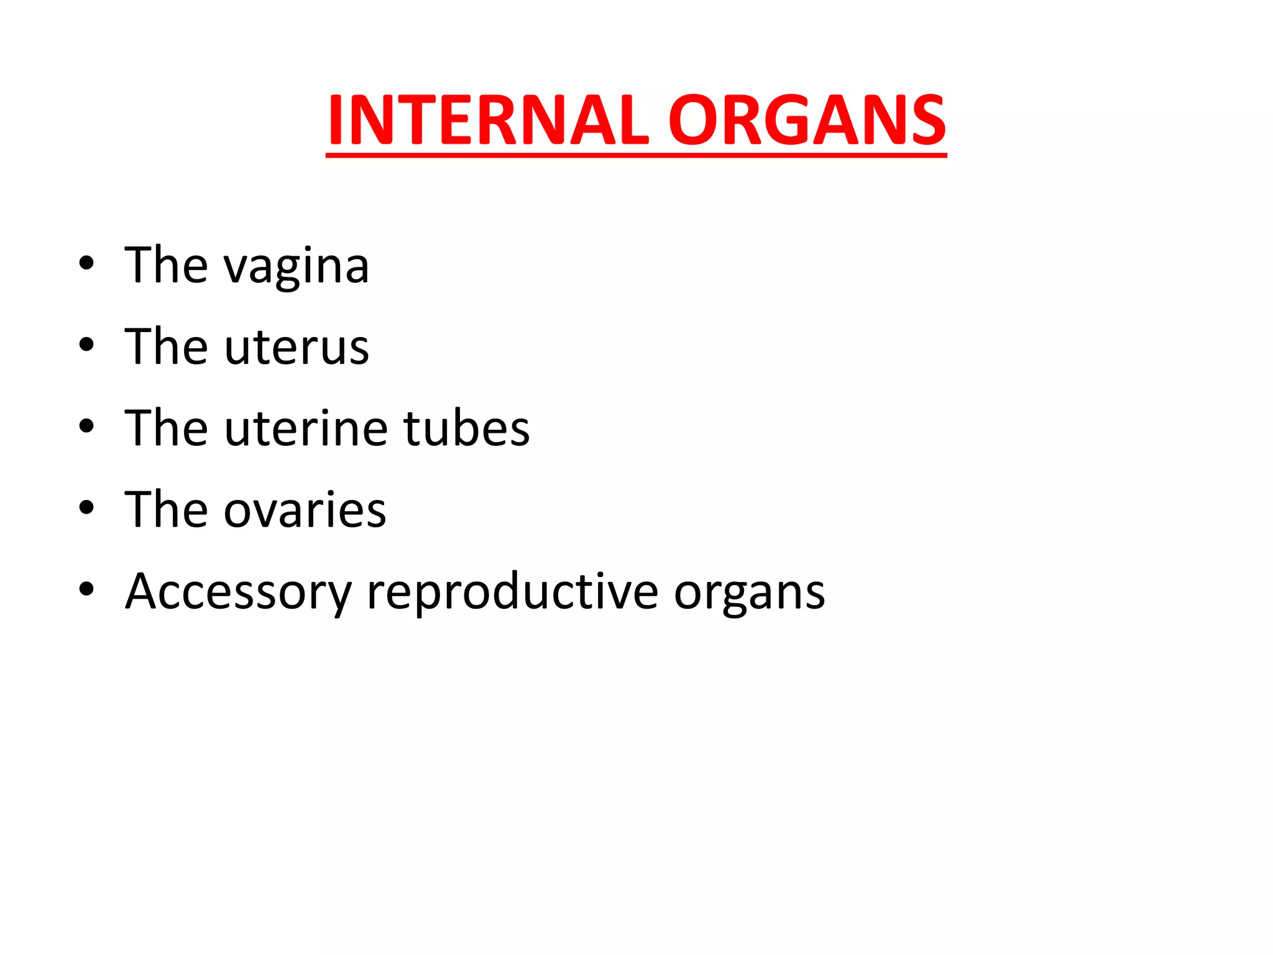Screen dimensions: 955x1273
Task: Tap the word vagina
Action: click(296, 266)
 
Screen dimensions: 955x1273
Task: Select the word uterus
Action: click(296, 347)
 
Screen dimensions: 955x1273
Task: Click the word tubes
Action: click(466, 428)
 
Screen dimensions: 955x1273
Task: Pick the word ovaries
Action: click(305, 510)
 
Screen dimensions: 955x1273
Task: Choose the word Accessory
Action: click(239, 592)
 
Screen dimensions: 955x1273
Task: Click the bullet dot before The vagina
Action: click(86, 264)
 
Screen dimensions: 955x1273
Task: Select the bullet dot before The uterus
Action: click(86, 345)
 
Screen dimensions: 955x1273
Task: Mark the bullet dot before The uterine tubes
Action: click(86, 427)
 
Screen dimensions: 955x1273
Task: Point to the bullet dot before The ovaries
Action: click(86, 508)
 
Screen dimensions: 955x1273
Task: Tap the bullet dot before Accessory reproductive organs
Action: click(86, 589)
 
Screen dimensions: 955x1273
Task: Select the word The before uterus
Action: click(166, 346)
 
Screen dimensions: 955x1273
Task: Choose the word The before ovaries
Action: click(166, 509)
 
